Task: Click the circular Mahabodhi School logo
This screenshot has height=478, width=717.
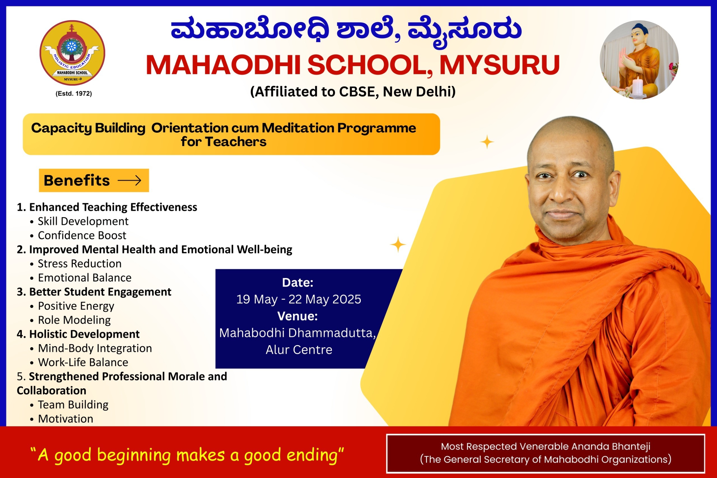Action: click(x=72, y=53)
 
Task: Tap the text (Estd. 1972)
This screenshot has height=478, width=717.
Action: click(x=74, y=94)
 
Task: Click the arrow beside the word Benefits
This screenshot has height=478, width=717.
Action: click(x=129, y=180)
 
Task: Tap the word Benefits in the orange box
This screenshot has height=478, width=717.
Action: click(x=77, y=180)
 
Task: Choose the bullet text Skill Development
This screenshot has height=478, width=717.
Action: click(x=83, y=221)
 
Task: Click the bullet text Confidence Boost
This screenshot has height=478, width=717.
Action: click(x=82, y=235)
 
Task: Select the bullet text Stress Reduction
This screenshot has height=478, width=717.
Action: click(x=80, y=264)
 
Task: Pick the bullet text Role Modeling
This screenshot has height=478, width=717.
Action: click(x=74, y=320)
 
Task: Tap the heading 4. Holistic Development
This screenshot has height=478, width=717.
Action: click(x=78, y=334)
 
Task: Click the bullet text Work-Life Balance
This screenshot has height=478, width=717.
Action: click(x=83, y=363)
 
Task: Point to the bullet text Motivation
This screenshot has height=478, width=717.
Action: click(x=66, y=419)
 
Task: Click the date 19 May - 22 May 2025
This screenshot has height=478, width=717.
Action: click(x=299, y=299)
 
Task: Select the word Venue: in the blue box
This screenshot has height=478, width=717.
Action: click(x=298, y=316)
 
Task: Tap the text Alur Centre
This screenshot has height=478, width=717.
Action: click(x=299, y=350)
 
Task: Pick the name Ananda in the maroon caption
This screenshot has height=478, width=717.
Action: click(x=588, y=446)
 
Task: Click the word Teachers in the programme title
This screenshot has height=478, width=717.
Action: click(x=236, y=142)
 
